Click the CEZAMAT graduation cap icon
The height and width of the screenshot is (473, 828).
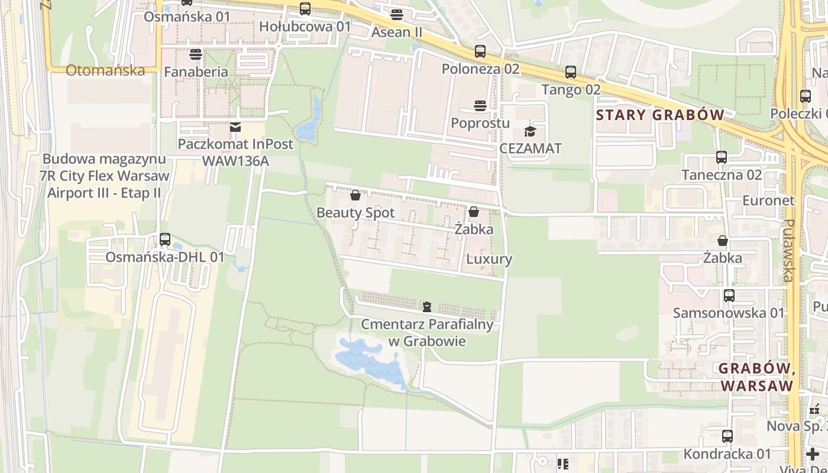pyautogui.click(x=530, y=131)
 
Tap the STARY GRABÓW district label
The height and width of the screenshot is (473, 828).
pyautogui.click(x=660, y=115)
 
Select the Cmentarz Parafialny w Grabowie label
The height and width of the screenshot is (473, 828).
pyautogui.click(x=427, y=333)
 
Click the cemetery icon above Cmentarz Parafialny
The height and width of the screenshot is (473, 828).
pyautogui.click(x=427, y=307)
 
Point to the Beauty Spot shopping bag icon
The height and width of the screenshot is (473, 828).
pyautogui.click(x=355, y=195)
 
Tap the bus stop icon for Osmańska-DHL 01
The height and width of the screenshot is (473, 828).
pyautogui.click(x=165, y=239)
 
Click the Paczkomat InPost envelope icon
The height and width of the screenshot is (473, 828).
pyautogui.click(x=235, y=127)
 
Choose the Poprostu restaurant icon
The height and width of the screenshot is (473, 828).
pyautogui.click(x=480, y=106)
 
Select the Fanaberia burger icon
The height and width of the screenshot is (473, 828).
pyautogui.click(x=196, y=54)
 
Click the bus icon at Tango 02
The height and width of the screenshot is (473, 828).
pyautogui.click(x=571, y=72)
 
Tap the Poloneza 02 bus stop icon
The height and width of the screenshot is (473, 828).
pyautogui.click(x=480, y=51)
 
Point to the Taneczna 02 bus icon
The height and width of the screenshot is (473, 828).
pyautogui.click(x=722, y=157)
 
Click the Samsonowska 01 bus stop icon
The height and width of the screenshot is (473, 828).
pyautogui.click(x=729, y=295)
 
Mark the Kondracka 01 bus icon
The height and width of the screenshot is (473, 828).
pyautogui.click(x=727, y=436)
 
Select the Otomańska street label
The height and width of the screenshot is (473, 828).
pyautogui.click(x=105, y=70)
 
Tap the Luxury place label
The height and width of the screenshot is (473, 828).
pyautogui.click(x=489, y=259)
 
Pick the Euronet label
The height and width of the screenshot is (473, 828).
pyautogui.click(x=768, y=200)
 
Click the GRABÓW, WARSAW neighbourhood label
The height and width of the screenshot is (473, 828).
pyautogui.click(x=756, y=377)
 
